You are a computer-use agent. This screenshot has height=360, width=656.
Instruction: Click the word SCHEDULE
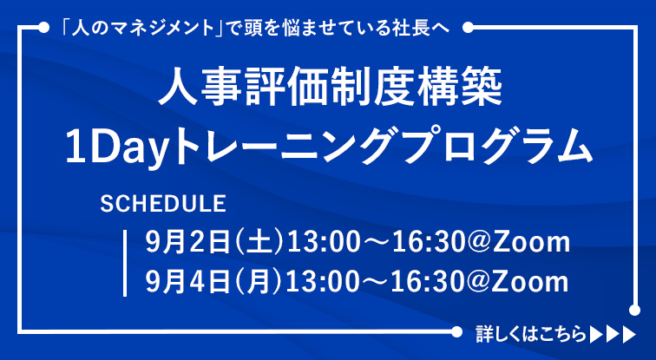click(163, 204)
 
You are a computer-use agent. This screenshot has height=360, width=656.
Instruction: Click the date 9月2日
click(187, 243)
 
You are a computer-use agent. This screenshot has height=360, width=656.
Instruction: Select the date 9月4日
click(187, 281)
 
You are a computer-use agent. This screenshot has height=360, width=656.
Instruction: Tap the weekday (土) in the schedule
click(259, 243)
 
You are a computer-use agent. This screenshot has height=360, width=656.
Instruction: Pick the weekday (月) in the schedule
click(259, 281)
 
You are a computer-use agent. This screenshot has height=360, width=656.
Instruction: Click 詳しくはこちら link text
click(530, 334)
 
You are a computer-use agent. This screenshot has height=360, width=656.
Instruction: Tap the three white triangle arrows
click(613, 335)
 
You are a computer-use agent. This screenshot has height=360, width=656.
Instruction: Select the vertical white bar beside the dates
click(125, 263)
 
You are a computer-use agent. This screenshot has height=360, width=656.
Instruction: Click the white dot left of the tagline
click(43, 28)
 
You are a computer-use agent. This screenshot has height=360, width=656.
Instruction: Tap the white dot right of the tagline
click(469, 28)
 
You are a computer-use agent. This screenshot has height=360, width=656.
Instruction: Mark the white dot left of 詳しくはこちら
click(456, 332)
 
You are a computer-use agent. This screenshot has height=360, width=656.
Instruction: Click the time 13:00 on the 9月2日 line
click(323, 243)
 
